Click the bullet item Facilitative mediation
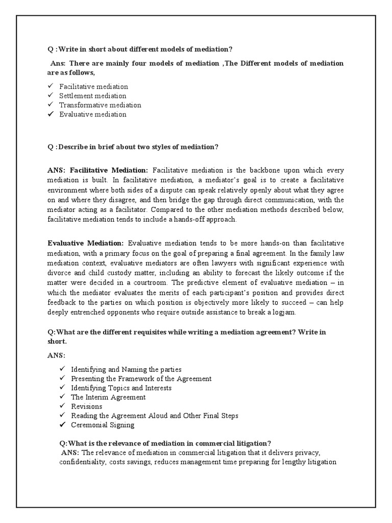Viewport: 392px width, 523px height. click(x=93, y=87)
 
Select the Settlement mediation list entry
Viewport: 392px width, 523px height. click(x=92, y=96)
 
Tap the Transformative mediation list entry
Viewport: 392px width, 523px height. click(x=100, y=105)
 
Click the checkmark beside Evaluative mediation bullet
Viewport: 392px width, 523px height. click(x=51, y=114)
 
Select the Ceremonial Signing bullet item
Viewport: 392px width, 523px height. click(x=103, y=425)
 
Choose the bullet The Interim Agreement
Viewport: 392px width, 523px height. click(x=108, y=397)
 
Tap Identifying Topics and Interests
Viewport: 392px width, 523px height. click(x=121, y=388)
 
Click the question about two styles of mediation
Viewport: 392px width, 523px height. click(x=133, y=147)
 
